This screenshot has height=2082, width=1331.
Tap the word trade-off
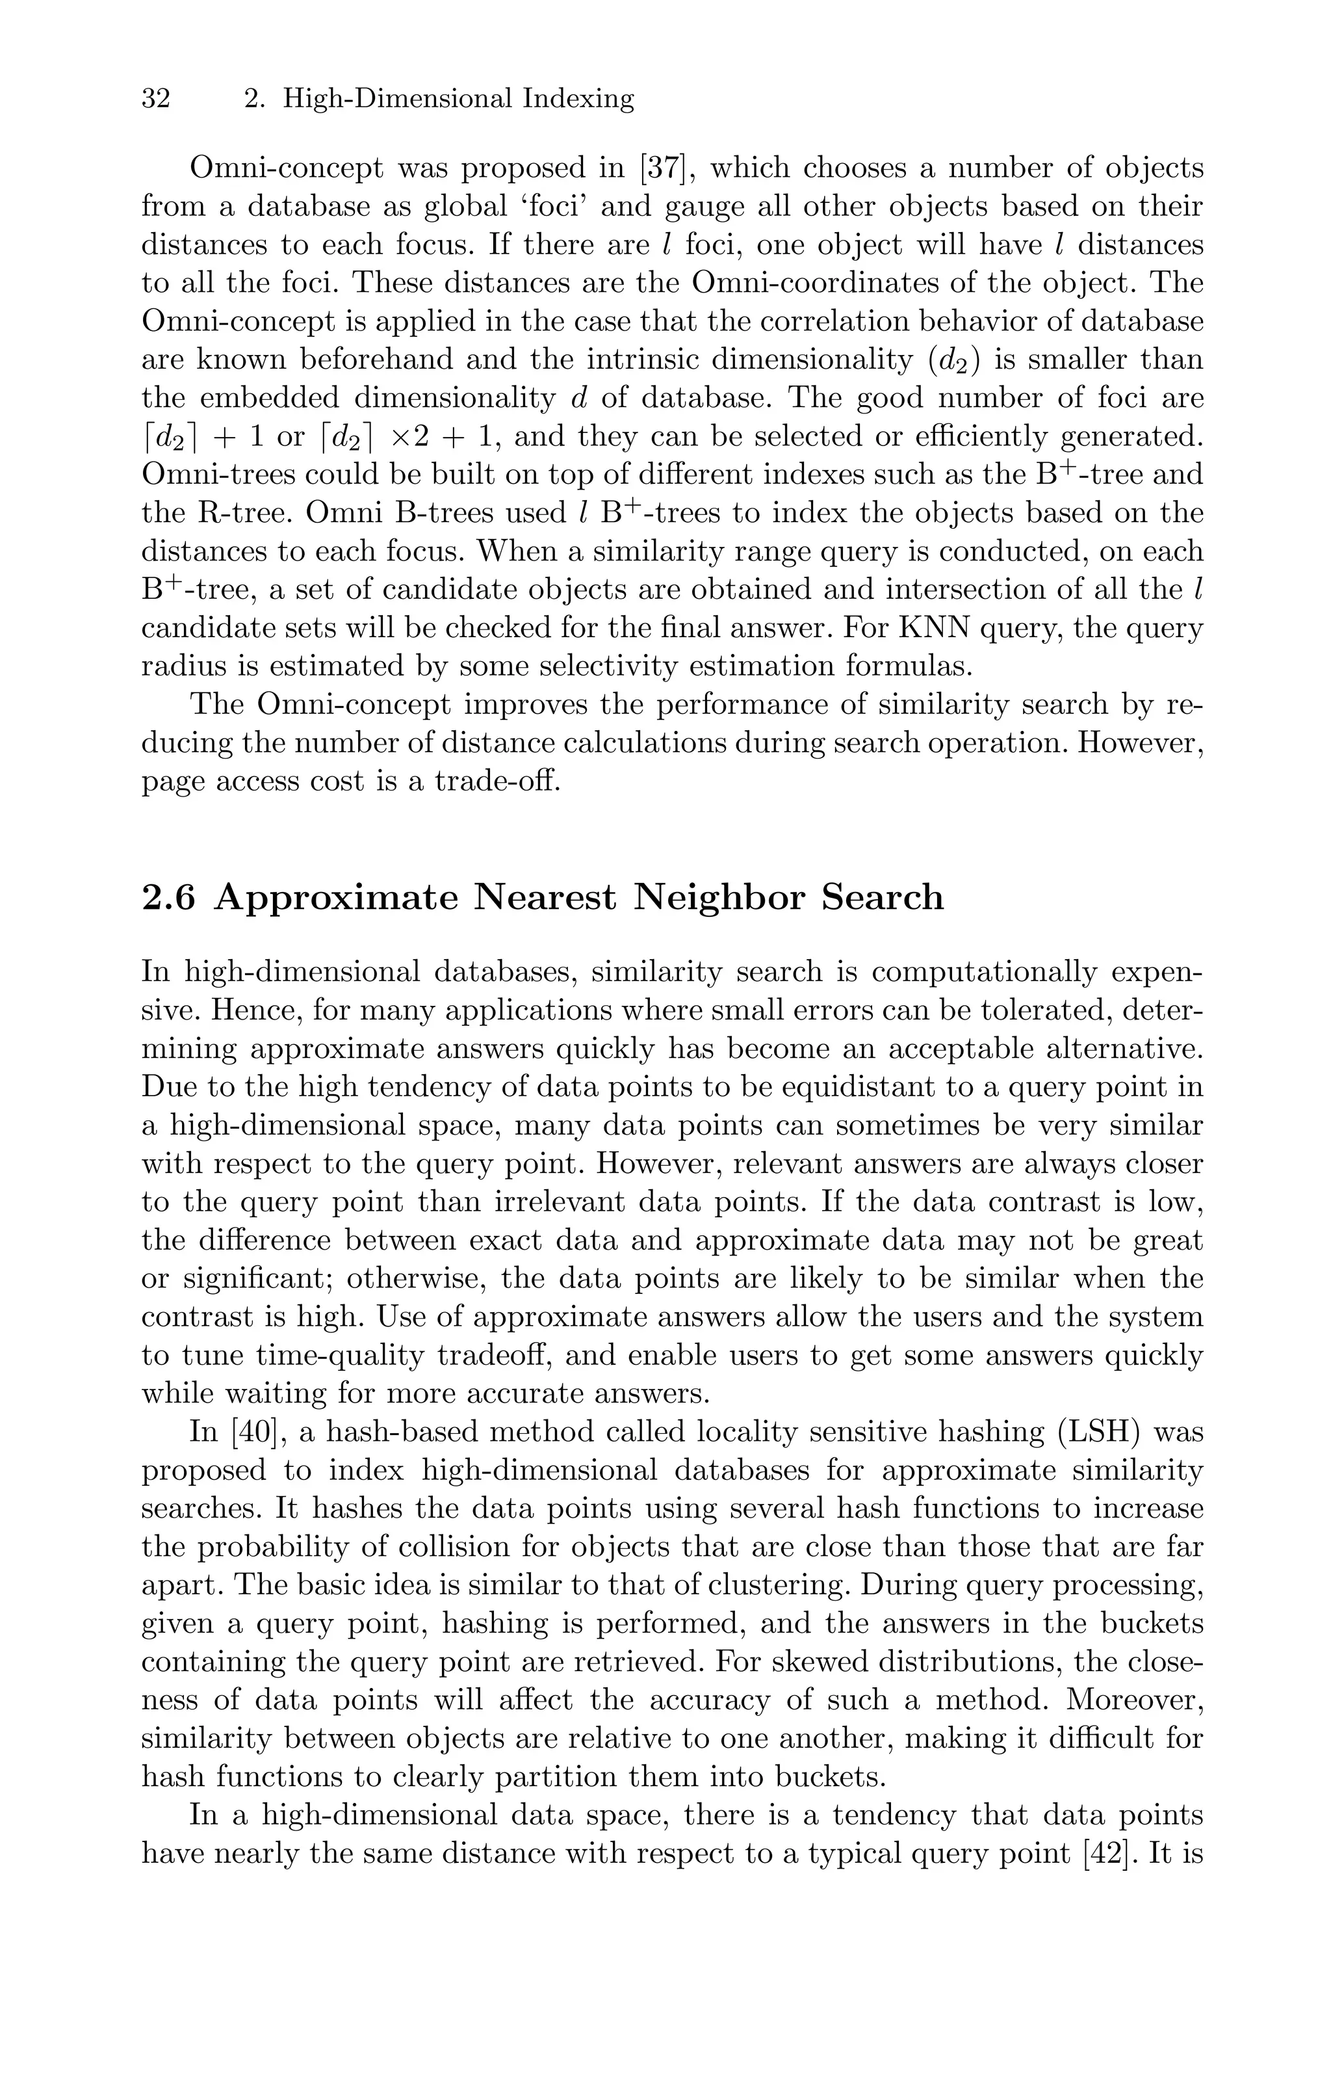498,781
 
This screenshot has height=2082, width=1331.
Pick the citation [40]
257,1432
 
